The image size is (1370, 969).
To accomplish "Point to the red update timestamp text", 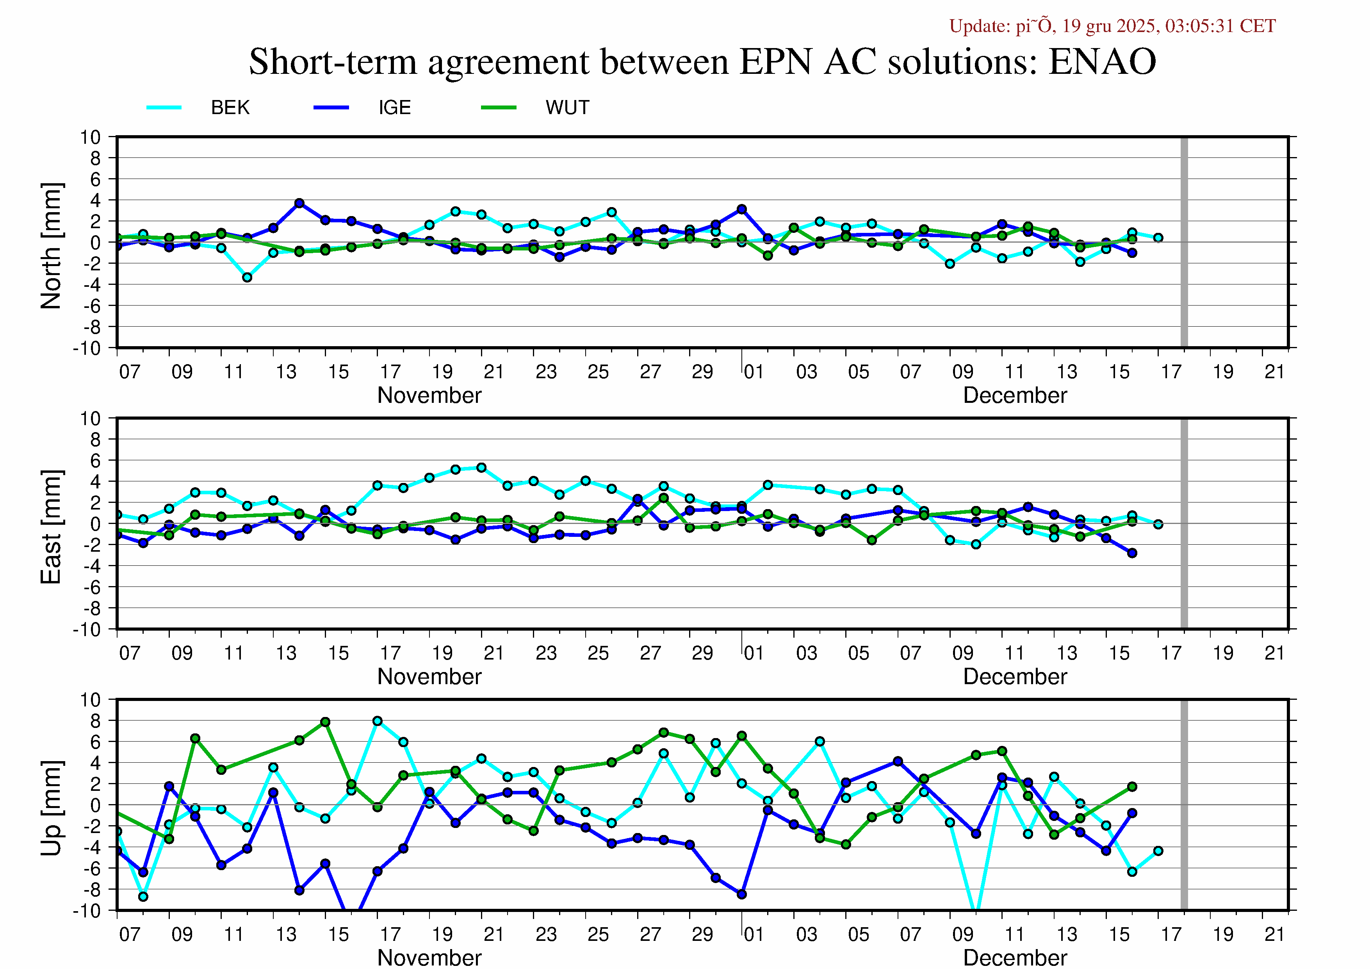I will point(1112,26).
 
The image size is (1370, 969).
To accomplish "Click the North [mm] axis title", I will point(51,246).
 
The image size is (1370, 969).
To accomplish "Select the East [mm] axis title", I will point(51,527).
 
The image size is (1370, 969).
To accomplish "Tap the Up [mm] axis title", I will point(51,808).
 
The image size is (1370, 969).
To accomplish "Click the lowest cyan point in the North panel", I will point(247,277).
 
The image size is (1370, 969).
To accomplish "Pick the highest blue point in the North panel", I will point(299,204).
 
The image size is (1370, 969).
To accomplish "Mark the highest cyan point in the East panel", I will point(481,467).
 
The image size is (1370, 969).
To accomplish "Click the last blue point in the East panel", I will point(1132,553).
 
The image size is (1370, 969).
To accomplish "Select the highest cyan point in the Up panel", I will point(377,721).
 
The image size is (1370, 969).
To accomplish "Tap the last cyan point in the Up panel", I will point(1158,851).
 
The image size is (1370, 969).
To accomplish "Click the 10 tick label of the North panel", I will point(91,137).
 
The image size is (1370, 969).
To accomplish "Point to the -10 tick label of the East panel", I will point(87,630).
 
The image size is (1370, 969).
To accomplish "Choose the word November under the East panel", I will point(429,676).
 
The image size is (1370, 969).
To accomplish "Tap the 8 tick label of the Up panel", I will point(96,720).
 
